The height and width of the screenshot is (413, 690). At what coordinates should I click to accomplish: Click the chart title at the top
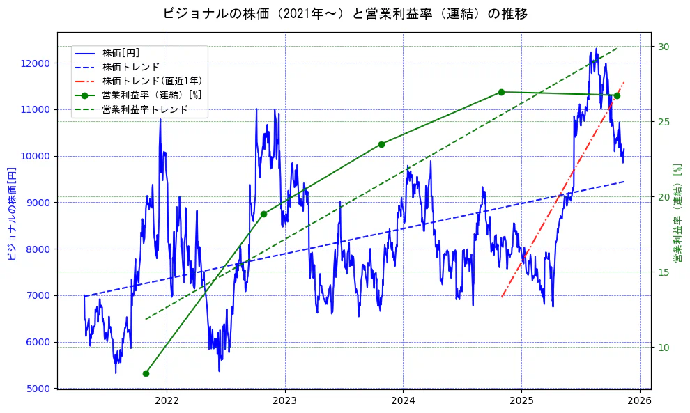tap(345, 13)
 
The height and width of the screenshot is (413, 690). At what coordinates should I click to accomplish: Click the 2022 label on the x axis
tap(167, 400)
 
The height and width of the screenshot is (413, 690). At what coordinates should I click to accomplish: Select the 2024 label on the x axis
tap(404, 400)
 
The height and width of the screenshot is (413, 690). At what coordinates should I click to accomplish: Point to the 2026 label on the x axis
tap(640, 400)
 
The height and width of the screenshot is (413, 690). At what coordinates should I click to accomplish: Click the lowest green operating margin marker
tap(146, 373)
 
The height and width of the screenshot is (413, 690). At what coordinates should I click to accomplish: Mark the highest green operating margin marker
tap(501, 92)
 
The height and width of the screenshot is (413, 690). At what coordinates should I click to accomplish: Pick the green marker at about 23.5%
tap(381, 144)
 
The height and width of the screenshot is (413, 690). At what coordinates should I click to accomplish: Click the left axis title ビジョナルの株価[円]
tap(11, 213)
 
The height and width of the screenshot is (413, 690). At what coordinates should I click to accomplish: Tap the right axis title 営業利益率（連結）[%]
tap(677, 213)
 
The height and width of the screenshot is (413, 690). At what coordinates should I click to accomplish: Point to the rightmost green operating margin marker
tap(617, 95)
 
